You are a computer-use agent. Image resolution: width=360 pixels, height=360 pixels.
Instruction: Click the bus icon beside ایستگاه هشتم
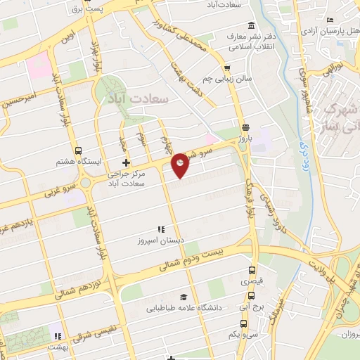pos(78,150)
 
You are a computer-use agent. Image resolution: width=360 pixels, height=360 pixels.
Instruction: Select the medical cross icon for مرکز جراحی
pos(126,163)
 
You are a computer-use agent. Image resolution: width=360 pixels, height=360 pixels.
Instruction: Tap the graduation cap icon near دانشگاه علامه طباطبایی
pos(184,297)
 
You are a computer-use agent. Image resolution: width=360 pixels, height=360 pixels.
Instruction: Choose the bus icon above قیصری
pos(251,270)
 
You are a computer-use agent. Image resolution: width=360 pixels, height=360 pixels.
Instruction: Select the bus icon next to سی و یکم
pos(243,324)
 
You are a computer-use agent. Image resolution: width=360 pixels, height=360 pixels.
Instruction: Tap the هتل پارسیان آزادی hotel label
pos(329,32)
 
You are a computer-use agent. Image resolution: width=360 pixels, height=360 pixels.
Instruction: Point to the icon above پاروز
pos(245,128)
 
